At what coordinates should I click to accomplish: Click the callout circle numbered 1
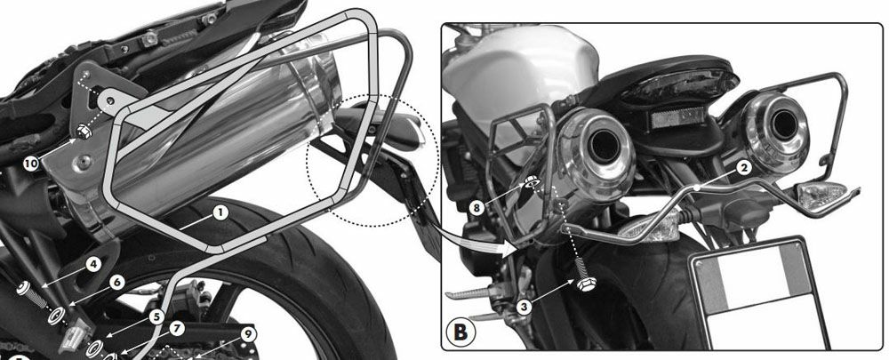(x=220, y=212)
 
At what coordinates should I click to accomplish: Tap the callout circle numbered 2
(x=744, y=167)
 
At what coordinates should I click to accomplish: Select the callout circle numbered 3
(x=525, y=308)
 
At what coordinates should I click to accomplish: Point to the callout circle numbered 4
(x=93, y=264)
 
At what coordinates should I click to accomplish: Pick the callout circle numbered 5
(x=157, y=317)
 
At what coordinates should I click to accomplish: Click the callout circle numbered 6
(x=116, y=282)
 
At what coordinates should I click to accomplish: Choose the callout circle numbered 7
(x=177, y=328)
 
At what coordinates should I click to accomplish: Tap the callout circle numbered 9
(x=248, y=334)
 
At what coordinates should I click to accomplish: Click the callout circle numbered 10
(x=32, y=164)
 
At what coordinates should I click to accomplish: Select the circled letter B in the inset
(x=461, y=332)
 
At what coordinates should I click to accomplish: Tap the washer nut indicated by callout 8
(x=532, y=182)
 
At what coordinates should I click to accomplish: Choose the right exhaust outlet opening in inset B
(x=785, y=124)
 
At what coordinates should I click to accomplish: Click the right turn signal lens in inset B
(x=817, y=196)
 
